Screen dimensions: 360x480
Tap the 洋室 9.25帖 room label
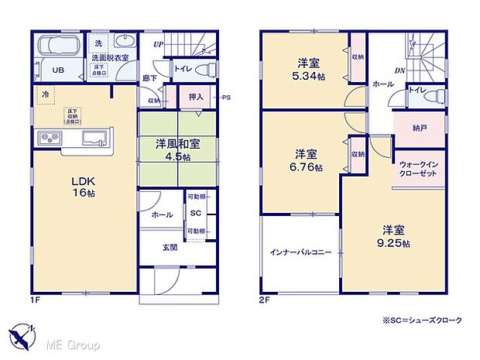click(394, 236)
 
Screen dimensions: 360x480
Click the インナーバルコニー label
click(300, 252)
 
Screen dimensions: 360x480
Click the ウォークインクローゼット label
click(420, 170)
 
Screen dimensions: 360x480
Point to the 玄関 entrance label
click(170, 248)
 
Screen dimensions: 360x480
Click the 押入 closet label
click(196, 98)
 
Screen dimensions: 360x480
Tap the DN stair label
click(400, 72)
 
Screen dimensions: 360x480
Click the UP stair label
click(158, 45)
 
